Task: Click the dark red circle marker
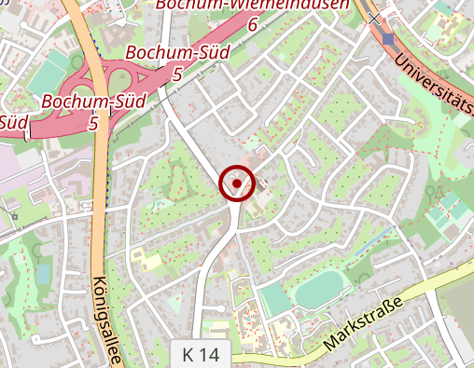(237, 184)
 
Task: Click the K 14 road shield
(201, 354)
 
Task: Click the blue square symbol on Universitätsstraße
(388, 38)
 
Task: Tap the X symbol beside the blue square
(374, 19)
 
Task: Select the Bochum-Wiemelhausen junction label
(252, 5)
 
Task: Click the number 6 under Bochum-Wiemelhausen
(252, 24)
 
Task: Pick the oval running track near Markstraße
(320, 289)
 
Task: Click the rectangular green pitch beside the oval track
(274, 301)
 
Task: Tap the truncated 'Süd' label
(13, 121)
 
